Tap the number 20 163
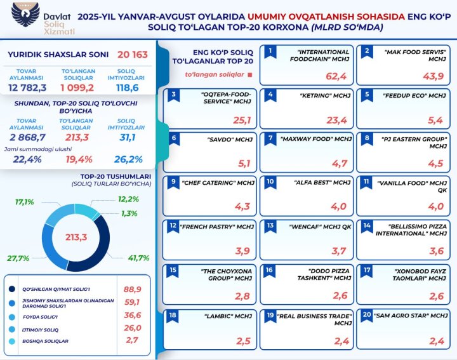coord(132,55)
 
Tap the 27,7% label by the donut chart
coord(17,259)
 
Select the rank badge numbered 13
coord(269,225)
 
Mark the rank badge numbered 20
coord(365,314)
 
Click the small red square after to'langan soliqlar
coord(251,74)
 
